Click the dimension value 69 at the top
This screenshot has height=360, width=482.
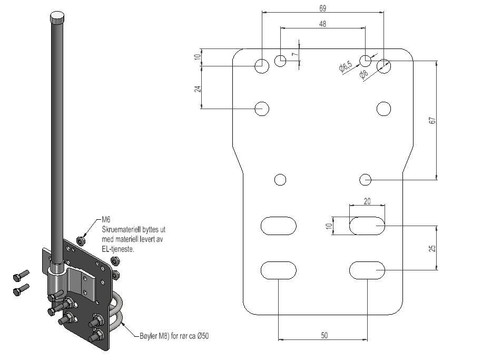322,8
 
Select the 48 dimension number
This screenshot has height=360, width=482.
322,24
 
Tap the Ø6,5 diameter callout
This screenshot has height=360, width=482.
346,67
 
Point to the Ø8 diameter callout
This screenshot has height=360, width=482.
363,74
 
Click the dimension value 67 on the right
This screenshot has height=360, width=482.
432,120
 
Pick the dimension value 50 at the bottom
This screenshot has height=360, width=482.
324,335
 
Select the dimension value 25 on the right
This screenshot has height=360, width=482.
432,248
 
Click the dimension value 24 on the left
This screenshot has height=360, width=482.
198,89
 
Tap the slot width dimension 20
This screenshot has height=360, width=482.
367,201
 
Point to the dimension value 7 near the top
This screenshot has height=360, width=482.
295,54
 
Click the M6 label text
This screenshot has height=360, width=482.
106,219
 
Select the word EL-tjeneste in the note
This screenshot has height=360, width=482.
118,249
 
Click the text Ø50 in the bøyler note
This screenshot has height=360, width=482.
202,336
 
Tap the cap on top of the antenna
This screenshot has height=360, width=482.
57,17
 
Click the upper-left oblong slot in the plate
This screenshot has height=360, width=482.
279,226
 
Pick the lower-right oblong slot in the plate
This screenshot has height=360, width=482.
367,270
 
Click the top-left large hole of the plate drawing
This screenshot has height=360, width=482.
262,66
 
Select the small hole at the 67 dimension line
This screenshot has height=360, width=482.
366,180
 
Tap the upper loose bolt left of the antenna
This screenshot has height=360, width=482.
21,275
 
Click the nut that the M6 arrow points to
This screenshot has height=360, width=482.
81,240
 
